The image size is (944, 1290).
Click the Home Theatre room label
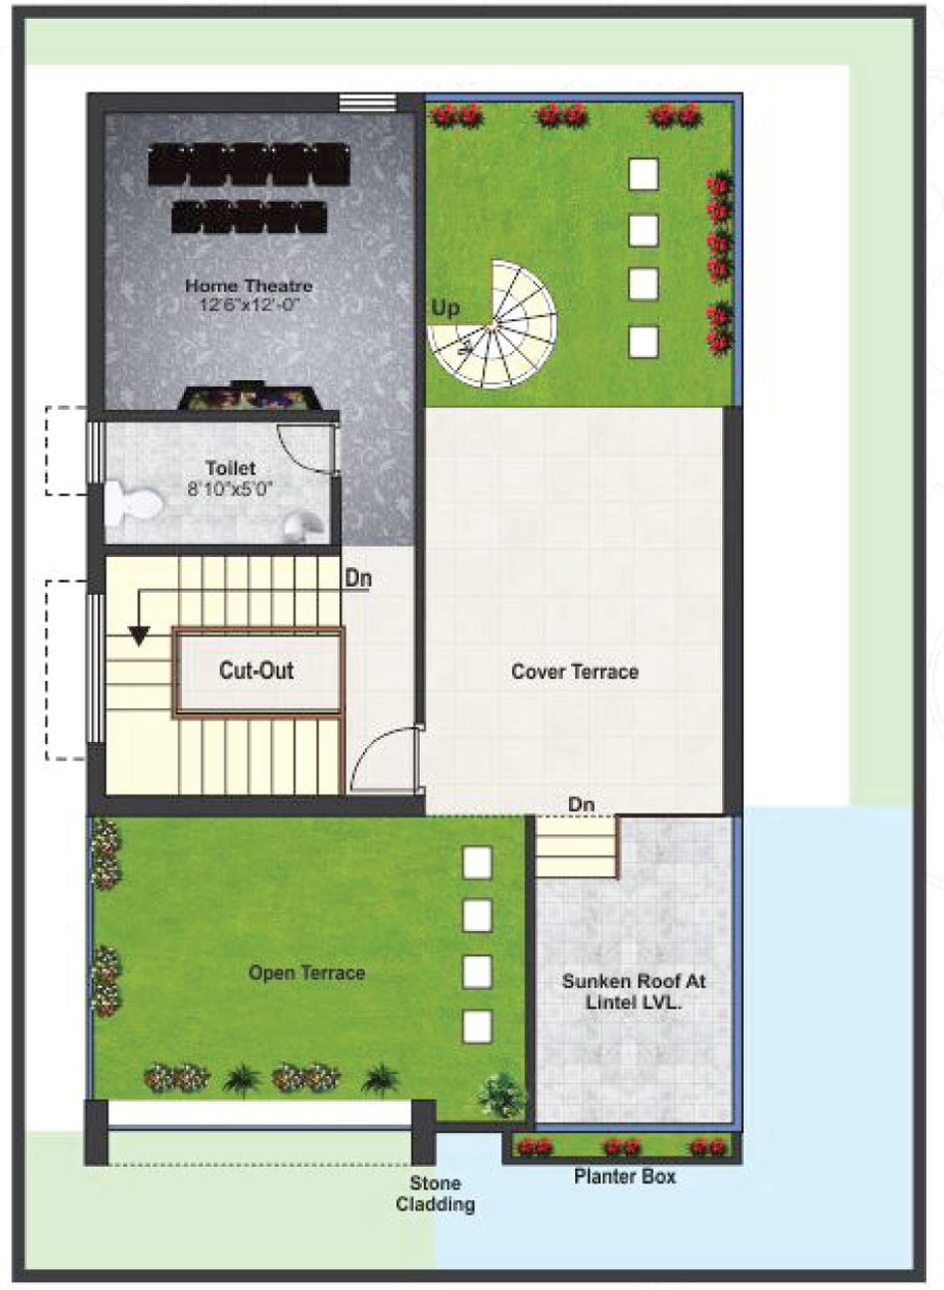pyautogui.click(x=249, y=285)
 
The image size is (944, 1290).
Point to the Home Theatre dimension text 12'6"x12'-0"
pyautogui.click(x=249, y=304)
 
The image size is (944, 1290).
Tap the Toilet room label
pyautogui.click(x=231, y=467)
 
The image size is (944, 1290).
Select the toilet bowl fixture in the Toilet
pyautogui.click(x=132, y=504)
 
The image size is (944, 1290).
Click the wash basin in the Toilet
pyautogui.click(x=305, y=526)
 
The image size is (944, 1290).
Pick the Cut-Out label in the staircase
pyautogui.click(x=257, y=669)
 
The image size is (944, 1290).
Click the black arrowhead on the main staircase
pyautogui.click(x=139, y=636)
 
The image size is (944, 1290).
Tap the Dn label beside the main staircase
pyautogui.click(x=358, y=578)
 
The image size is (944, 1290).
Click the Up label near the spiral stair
pyautogui.click(x=446, y=308)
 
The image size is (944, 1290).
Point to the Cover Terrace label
pyautogui.click(x=575, y=671)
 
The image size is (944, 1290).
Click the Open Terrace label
pyautogui.click(x=307, y=973)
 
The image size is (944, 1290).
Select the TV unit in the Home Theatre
pyautogui.click(x=249, y=396)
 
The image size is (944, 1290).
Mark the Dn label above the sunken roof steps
pyautogui.click(x=581, y=805)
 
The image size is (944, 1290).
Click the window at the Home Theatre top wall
pyautogui.click(x=368, y=102)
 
